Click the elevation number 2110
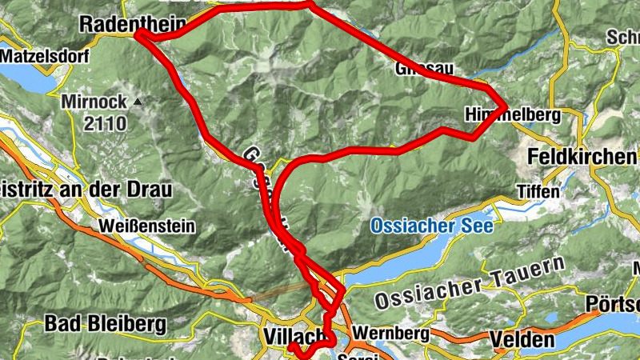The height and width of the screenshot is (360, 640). click(x=104, y=123)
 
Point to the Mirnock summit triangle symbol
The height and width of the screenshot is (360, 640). click(x=138, y=102)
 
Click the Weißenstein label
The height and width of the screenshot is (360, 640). click(x=146, y=226)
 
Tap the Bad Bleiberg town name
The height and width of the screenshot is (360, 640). click(x=105, y=323)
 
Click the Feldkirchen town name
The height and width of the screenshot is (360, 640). click(x=581, y=157)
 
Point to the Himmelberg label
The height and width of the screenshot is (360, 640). click(x=501, y=117)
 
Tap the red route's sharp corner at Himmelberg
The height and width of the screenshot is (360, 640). click(x=505, y=106)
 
